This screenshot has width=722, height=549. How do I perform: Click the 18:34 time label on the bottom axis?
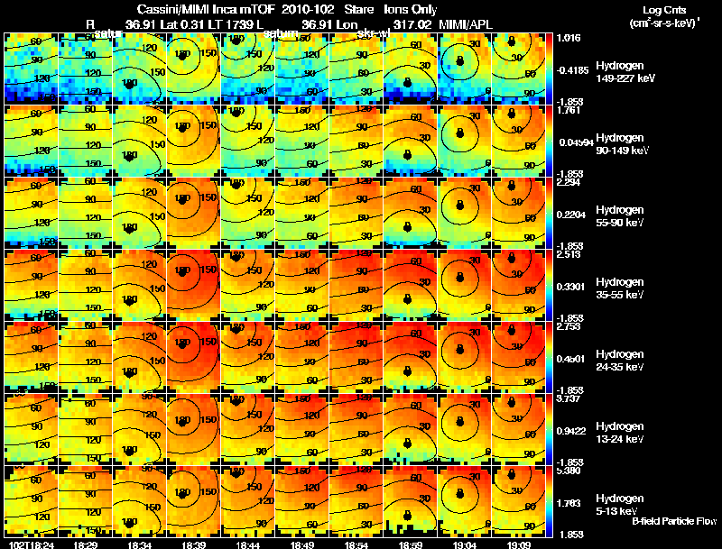coord(140,544)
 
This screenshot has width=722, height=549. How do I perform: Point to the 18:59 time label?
coord(411,544)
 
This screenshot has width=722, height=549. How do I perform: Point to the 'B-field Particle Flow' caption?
coord(673,522)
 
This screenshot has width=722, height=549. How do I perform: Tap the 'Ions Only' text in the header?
coord(411,9)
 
